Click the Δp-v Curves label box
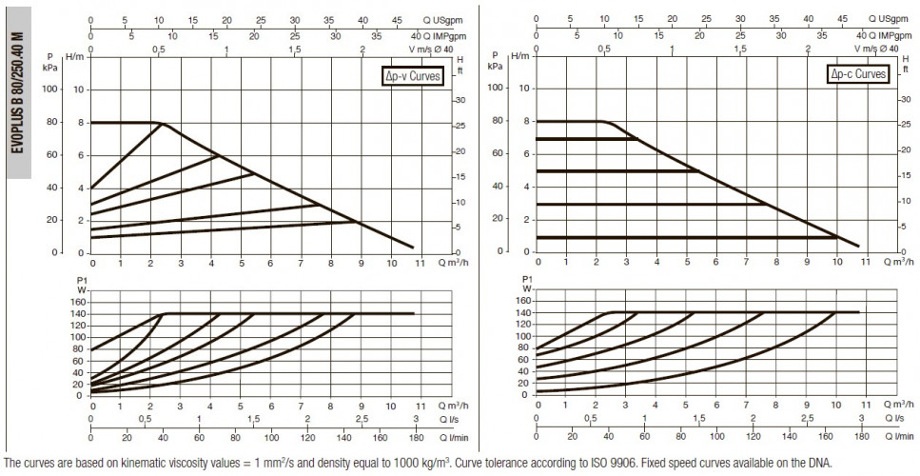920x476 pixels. (x=411, y=76)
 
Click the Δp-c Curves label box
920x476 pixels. (x=857, y=74)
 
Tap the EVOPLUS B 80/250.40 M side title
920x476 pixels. (x=18, y=92)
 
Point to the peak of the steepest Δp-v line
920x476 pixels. (x=162, y=123)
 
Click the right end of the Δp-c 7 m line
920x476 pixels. (x=636, y=138)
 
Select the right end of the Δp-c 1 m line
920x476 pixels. (x=837, y=237)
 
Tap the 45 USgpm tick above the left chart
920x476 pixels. (x=397, y=20)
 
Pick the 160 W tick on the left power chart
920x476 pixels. (x=79, y=302)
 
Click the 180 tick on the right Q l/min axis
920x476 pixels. (x=861, y=436)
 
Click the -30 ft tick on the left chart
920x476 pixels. (x=460, y=100)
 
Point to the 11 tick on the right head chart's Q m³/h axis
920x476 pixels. (x=866, y=263)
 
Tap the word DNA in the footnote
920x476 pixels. (x=824, y=463)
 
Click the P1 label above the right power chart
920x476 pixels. (x=527, y=279)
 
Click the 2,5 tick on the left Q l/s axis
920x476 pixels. (x=362, y=419)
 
